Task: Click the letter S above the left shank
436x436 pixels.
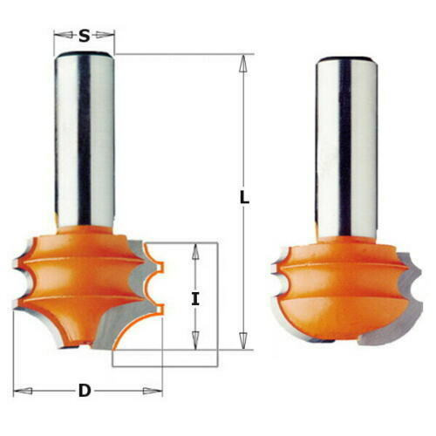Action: click(x=84, y=36)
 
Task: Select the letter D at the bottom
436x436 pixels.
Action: click(x=85, y=390)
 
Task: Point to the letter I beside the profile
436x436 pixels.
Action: click(x=195, y=299)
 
